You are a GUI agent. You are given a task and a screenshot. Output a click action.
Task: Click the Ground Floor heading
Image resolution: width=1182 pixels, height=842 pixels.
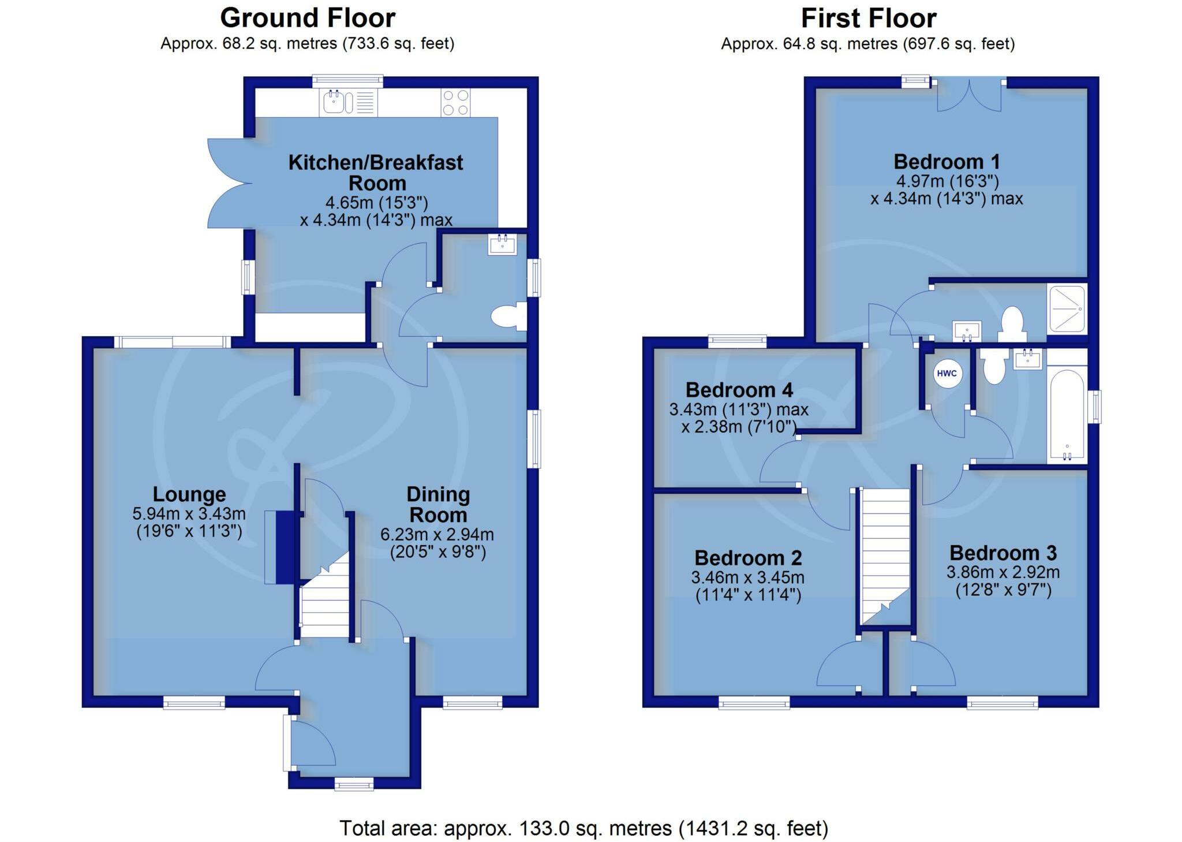click(308, 18)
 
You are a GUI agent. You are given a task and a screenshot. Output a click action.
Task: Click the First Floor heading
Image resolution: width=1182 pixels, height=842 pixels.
click(868, 18)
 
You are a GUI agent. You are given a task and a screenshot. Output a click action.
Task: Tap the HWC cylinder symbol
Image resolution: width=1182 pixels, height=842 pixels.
click(947, 373)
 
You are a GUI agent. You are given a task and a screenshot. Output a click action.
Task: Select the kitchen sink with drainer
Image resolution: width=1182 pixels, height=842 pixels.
click(349, 103)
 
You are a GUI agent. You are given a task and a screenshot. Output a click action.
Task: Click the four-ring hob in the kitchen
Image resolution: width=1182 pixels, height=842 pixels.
click(455, 103)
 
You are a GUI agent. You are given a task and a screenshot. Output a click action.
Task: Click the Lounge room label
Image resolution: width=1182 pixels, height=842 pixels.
click(189, 494)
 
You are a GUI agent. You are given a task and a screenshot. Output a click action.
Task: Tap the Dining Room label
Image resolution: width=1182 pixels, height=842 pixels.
click(438, 504)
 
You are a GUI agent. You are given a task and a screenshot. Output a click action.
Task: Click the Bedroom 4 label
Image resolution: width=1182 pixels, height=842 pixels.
click(739, 390)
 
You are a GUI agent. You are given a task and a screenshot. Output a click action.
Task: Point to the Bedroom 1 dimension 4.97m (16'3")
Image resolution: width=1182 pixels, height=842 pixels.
click(947, 181)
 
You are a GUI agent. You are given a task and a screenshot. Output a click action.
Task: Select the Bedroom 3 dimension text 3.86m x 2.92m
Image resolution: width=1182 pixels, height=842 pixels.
click(1003, 572)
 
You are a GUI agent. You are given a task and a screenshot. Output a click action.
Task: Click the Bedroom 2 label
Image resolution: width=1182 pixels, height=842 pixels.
click(748, 558)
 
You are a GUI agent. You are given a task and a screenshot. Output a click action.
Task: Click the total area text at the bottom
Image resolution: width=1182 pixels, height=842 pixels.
click(583, 828)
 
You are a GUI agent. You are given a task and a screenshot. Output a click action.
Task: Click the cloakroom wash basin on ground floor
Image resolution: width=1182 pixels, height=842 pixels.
click(502, 245)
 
